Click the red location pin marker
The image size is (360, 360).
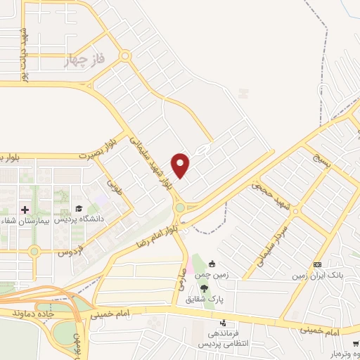pyautogui.click(x=181, y=165)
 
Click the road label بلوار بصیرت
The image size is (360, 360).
pyautogui.click(x=96, y=151)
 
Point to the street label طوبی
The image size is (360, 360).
pyautogui.click(x=113, y=186)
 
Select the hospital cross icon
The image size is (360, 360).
pyautogui.click(x=25, y=209)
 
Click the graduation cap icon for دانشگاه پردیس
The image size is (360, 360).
pyautogui.click(x=79, y=208)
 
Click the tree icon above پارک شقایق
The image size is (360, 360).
pyautogui.click(x=204, y=288)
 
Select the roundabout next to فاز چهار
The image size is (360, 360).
pyautogui.click(x=124, y=56)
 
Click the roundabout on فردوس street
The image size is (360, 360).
pyautogui.click(x=34, y=251)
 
